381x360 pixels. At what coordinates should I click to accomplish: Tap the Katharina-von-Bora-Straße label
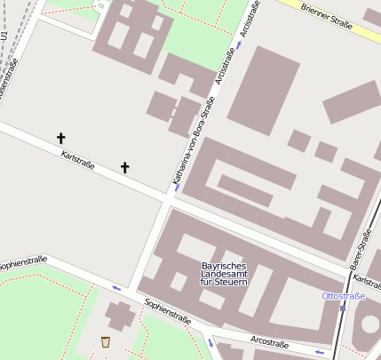click(x=193, y=141)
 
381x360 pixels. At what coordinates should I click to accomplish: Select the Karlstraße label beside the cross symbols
click(x=78, y=160)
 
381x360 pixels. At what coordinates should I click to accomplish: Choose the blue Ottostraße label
click(x=344, y=295)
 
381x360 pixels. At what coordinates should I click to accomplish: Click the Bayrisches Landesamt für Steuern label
click(x=224, y=274)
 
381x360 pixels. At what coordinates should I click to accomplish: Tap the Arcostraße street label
click(x=270, y=342)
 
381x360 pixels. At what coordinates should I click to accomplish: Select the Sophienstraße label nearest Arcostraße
click(x=168, y=312)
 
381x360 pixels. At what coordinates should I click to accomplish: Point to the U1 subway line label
click(x=4, y=36)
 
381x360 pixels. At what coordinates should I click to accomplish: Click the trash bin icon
click(x=106, y=342)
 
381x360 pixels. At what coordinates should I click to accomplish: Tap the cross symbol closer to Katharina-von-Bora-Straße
click(x=124, y=167)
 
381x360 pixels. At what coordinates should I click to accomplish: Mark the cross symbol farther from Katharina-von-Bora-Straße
click(x=61, y=138)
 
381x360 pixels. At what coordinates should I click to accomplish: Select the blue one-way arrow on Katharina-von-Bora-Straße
click(x=177, y=188)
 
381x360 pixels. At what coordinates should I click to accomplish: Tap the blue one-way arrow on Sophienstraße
click(x=116, y=288)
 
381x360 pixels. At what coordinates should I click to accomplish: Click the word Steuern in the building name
click(x=231, y=282)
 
